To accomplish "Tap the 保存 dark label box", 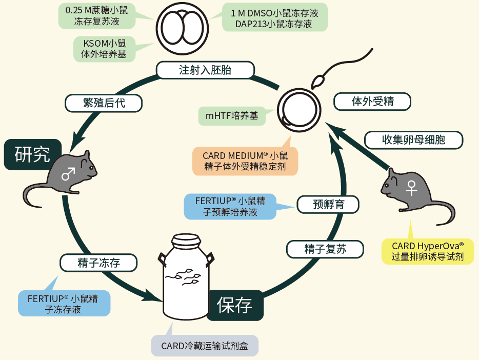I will point(235,306).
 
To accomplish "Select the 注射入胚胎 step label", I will point(205,70).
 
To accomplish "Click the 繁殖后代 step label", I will point(104,103).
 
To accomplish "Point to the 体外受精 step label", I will point(372,102).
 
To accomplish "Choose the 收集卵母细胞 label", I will point(413,139).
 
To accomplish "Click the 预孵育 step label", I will point(328,205).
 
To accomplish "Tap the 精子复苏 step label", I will point(325,250).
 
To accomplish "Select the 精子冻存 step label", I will point(98,263).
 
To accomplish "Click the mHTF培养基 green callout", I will point(232,116).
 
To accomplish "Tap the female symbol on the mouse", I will point(411,187).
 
